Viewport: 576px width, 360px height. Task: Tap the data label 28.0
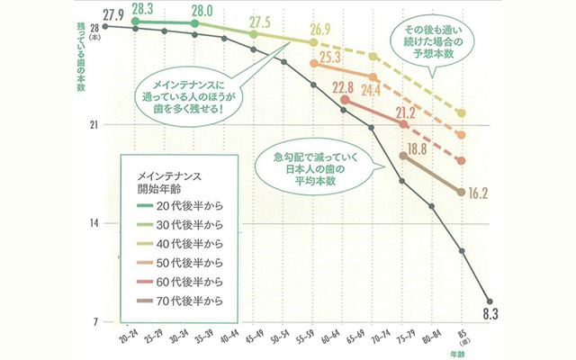pos(208,13)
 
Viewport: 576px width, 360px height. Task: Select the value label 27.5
pos(260,21)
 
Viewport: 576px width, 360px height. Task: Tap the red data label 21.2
pos(405,112)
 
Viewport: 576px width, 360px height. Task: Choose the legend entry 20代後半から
pos(184,206)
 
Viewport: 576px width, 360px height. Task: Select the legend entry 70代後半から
pos(184,300)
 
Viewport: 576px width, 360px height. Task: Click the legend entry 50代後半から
pos(184,262)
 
